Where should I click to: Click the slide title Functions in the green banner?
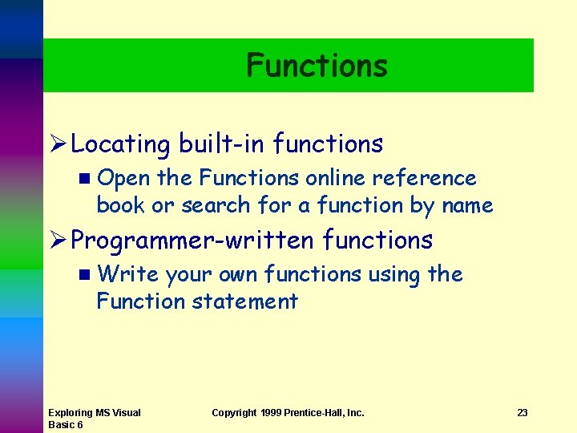(317, 66)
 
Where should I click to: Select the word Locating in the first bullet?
(120, 144)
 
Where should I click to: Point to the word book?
(121, 205)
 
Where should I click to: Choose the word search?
(216, 205)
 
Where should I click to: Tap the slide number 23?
(522, 413)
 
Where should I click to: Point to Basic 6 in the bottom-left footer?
(66, 424)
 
